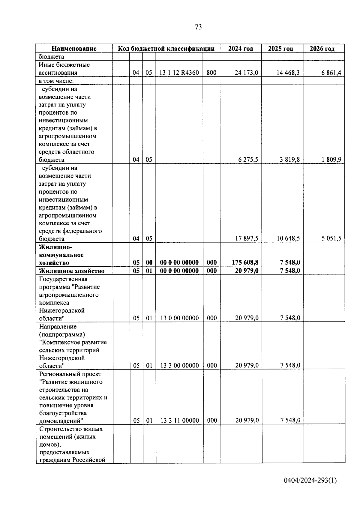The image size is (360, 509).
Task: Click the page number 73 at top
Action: (198, 27)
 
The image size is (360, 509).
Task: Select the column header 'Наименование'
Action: (74, 49)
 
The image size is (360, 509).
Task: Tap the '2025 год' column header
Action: (280, 49)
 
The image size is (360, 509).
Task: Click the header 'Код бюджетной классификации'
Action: (166, 49)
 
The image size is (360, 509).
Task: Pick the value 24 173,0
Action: (246, 73)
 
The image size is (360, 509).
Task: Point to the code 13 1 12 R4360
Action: (179, 73)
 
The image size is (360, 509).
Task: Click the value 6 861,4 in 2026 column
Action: (331, 73)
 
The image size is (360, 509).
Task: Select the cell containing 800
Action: (211, 73)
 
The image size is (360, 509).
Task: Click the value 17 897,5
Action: (247, 238)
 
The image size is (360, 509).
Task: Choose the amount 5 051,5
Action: (331, 238)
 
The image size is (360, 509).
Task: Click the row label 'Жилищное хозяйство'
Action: (72, 271)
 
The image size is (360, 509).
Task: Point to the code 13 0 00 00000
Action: (179, 318)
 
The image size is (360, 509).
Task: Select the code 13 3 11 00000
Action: (179, 421)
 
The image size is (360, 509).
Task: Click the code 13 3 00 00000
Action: (179, 365)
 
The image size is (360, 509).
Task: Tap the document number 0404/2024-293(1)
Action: (310, 480)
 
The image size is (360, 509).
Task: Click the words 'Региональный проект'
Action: (70, 374)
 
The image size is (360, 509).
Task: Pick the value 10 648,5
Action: (288, 238)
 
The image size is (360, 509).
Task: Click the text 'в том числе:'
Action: (56, 81)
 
